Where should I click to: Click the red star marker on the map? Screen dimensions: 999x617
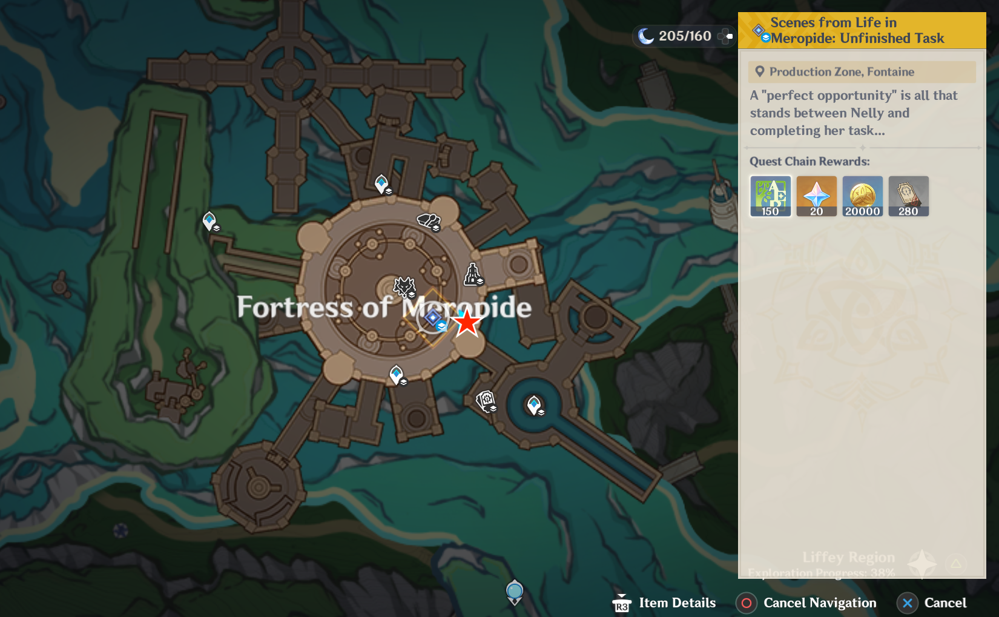[467, 323]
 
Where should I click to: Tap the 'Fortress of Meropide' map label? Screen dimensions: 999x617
[384, 307]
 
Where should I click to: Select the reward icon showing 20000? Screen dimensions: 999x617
[862, 196]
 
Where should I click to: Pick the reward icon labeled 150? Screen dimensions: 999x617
[770, 196]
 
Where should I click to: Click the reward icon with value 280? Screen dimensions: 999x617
[908, 196]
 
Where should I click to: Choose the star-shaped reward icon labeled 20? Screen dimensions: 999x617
[816, 196]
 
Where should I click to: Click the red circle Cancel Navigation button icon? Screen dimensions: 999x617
[747, 603]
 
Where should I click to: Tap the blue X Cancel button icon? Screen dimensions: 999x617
[907, 603]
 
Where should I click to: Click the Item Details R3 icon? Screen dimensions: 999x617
[622, 604]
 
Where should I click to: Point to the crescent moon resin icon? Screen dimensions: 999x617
[646, 36]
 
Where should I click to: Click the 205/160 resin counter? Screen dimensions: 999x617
[685, 36]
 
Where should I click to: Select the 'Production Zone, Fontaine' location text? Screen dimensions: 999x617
[842, 72]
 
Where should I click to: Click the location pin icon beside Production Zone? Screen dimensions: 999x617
[759, 72]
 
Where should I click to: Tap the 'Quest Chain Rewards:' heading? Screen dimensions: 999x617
[809, 162]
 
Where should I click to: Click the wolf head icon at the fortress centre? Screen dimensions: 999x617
[404, 286]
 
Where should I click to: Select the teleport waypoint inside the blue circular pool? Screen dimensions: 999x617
[533, 404]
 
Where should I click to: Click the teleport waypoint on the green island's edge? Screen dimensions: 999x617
[209, 221]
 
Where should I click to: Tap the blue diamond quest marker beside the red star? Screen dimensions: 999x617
[433, 318]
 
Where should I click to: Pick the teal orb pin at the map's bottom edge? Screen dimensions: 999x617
[514, 591]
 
